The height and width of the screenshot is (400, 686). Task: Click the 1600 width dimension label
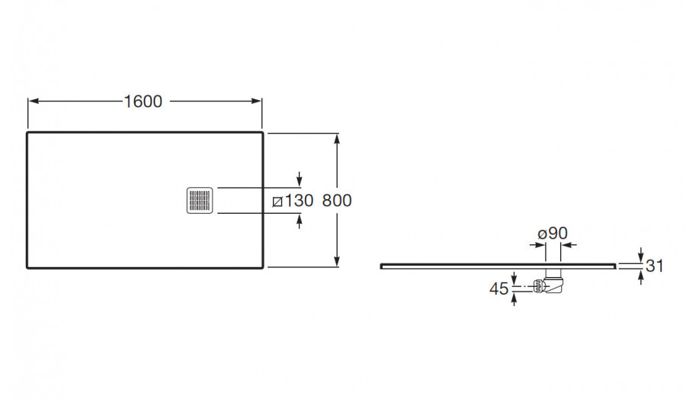(x=143, y=102)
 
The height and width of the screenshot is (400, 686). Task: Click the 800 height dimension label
(x=337, y=201)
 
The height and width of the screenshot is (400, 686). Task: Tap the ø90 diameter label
(x=553, y=234)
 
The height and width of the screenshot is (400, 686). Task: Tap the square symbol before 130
(x=277, y=202)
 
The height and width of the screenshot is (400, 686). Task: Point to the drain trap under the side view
(x=550, y=285)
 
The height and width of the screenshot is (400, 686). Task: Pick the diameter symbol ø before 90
(x=541, y=234)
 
